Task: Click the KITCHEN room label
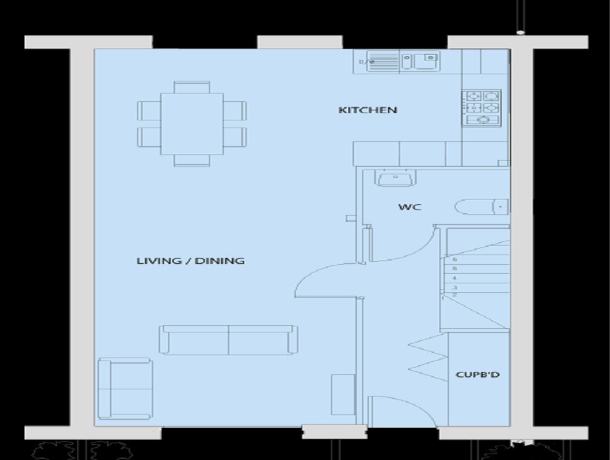coord(368,110)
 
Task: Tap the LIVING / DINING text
coord(190,261)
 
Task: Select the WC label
coord(410,207)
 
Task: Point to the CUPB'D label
coord(478,375)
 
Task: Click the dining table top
coord(192,123)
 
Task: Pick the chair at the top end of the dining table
coord(192,87)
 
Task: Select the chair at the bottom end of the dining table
coord(192,161)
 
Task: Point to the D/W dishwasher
coord(376,61)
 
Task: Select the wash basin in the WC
coord(393,178)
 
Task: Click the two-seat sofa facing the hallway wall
coord(228,340)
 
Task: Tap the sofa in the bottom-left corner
coord(125,389)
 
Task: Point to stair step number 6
coord(455,260)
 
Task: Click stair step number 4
coord(455,279)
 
